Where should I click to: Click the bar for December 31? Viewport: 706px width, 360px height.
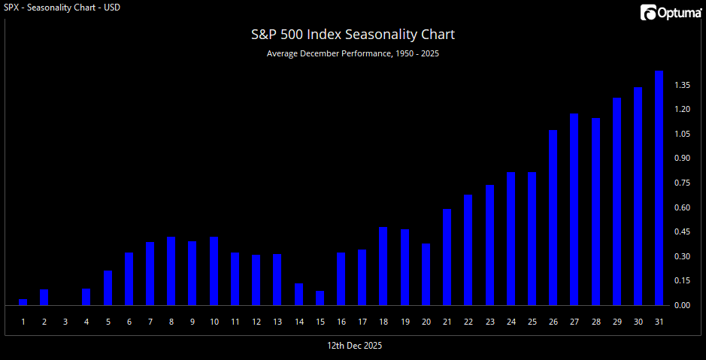(x=659, y=188)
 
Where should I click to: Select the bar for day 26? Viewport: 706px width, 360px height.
(x=553, y=218)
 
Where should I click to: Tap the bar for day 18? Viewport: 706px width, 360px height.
(x=383, y=266)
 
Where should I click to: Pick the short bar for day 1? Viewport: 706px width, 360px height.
(x=23, y=302)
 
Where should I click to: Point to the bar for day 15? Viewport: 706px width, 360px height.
(x=320, y=298)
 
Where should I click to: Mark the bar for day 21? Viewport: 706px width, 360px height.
(x=447, y=257)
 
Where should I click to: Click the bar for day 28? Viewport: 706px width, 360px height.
(x=595, y=212)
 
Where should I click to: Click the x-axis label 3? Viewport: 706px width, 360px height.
(x=65, y=322)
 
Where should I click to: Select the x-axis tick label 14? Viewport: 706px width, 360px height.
(x=298, y=322)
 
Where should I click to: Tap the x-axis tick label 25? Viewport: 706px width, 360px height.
(x=532, y=322)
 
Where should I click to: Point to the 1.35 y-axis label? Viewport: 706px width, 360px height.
(x=682, y=85)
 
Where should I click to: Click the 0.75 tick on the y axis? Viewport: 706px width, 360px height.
(x=682, y=183)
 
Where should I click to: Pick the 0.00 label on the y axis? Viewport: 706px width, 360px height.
(x=682, y=305)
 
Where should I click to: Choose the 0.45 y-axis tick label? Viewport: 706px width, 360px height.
(x=682, y=231)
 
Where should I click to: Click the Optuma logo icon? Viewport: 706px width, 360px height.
(x=647, y=13)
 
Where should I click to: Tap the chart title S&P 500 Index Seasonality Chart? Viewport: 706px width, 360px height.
(x=353, y=35)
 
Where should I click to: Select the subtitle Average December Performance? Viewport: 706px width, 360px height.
(x=353, y=54)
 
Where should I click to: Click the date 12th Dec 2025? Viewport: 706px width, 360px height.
(x=354, y=345)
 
